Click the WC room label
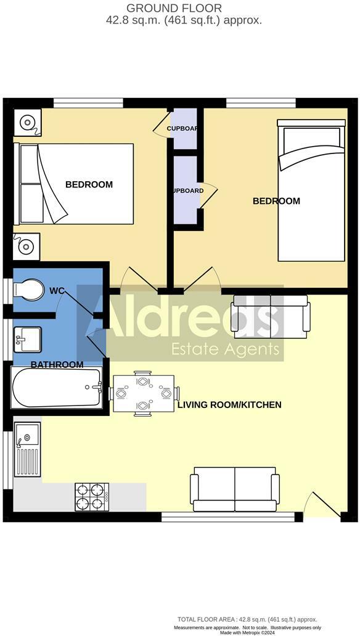point(57,290)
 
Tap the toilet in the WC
point(28,290)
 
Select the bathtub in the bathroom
point(56,386)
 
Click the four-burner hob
point(92,497)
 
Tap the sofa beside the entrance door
point(234,489)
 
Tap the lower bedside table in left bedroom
point(27,247)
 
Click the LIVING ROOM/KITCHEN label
point(229,405)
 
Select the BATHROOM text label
point(57,365)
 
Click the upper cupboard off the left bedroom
point(184,128)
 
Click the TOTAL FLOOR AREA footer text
point(247,619)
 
